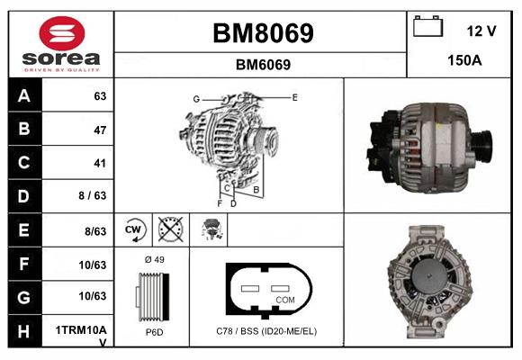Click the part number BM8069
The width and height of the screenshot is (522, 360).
coord(263,34)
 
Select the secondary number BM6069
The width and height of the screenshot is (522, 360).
coord(263,65)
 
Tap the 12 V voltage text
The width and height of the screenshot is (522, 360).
coord(481,31)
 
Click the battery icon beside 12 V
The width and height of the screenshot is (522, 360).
coord(428,28)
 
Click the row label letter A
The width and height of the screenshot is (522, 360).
coord(24,96)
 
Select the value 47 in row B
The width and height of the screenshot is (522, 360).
coord(99,130)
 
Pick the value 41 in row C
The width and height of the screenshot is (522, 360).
coord(99,163)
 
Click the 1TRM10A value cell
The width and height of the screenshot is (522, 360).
coord(82,330)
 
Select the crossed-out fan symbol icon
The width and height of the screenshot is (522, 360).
coord(171,230)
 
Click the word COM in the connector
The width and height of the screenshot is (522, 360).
coord(284,299)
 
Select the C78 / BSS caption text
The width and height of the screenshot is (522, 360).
coord(266,331)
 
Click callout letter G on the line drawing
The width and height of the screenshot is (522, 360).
coord(195,98)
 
